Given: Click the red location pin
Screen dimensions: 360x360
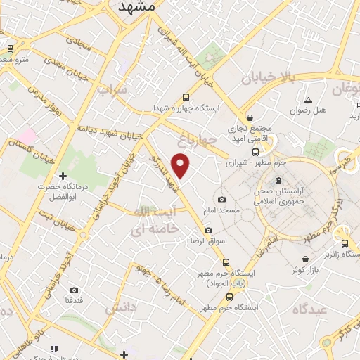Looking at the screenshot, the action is pos(181,166).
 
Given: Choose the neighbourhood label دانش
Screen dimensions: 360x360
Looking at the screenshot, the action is pos(121,308).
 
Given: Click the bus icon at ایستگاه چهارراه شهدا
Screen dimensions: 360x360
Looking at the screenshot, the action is pos(186,98).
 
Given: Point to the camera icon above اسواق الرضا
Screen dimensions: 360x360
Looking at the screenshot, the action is pos(208,231).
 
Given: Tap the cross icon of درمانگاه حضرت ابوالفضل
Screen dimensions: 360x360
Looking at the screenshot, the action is pos(63,176).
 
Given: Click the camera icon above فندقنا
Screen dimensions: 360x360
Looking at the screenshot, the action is pos(75,290).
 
